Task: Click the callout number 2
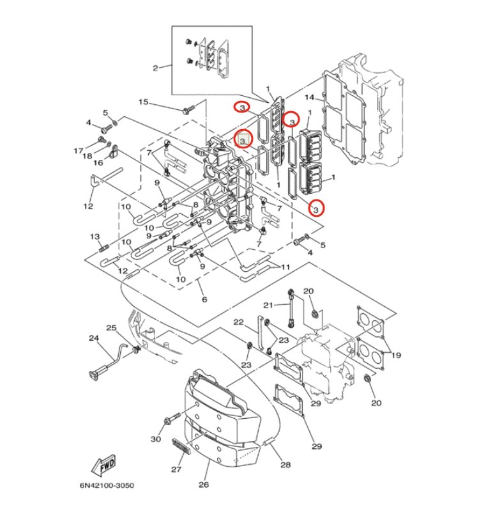(x=155, y=68)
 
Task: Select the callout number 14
(x=309, y=98)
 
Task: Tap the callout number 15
(x=143, y=102)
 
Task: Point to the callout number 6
(x=204, y=300)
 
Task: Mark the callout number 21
(x=268, y=304)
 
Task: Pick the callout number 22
(x=238, y=322)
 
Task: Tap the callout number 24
(x=93, y=338)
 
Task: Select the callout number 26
(x=203, y=485)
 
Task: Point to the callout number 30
(x=155, y=439)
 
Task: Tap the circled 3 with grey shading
(x=242, y=137)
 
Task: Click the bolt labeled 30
(x=170, y=421)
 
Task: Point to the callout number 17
(x=79, y=152)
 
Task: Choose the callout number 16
(x=98, y=163)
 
